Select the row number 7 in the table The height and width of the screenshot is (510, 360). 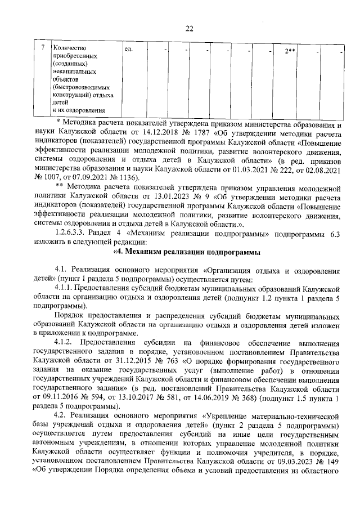coord(43,49)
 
